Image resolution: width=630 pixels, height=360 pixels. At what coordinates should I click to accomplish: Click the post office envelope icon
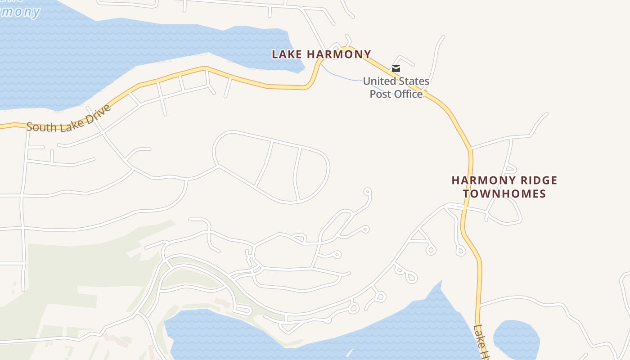[396, 68]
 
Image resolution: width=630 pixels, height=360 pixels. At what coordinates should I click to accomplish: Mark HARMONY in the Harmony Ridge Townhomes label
[477, 181]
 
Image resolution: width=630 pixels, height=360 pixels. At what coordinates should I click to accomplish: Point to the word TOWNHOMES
[504, 194]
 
